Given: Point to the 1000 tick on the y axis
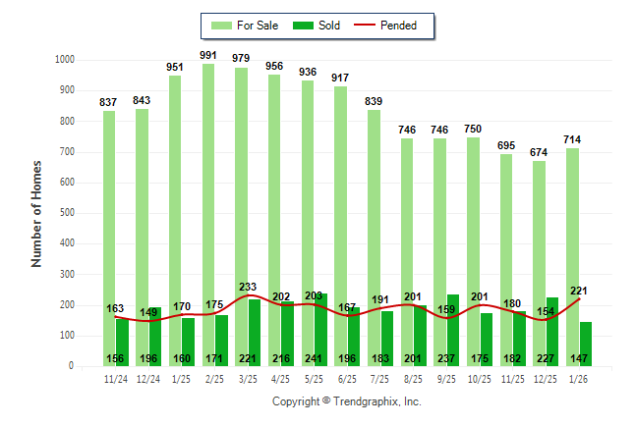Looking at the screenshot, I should click(66, 60).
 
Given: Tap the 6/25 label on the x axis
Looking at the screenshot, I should click(347, 378).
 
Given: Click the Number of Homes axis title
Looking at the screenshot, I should click(36, 213).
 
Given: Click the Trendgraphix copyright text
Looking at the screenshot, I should click(346, 401).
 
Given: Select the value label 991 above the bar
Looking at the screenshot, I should click(208, 55).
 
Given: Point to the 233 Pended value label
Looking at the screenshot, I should click(249, 287).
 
